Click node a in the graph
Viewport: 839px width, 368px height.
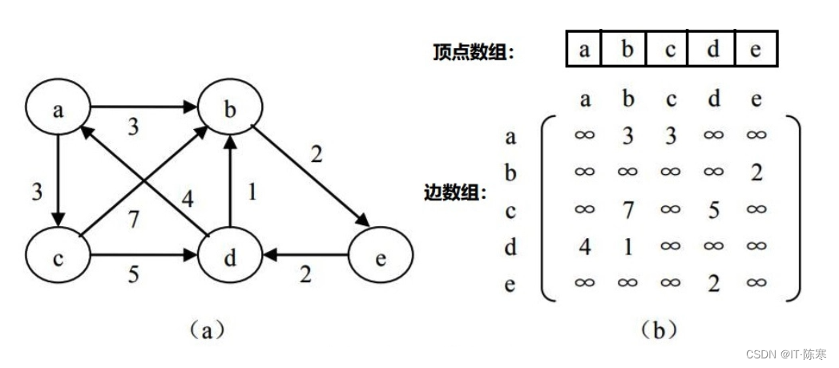click(58, 111)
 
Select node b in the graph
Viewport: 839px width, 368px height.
click(229, 111)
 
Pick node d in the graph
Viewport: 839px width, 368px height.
click(230, 257)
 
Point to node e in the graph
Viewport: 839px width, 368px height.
click(380, 257)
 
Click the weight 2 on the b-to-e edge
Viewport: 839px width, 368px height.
click(316, 155)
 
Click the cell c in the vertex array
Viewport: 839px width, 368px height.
click(671, 51)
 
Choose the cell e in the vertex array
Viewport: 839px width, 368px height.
click(755, 51)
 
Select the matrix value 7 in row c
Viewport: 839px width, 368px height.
click(627, 210)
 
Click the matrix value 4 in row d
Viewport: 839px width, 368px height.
click(584, 246)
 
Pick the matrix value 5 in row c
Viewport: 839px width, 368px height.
click(714, 210)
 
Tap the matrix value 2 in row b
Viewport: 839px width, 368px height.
click(756, 172)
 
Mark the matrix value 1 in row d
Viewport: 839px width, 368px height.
click(627, 246)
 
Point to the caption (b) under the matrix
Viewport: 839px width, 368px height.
click(659, 330)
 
